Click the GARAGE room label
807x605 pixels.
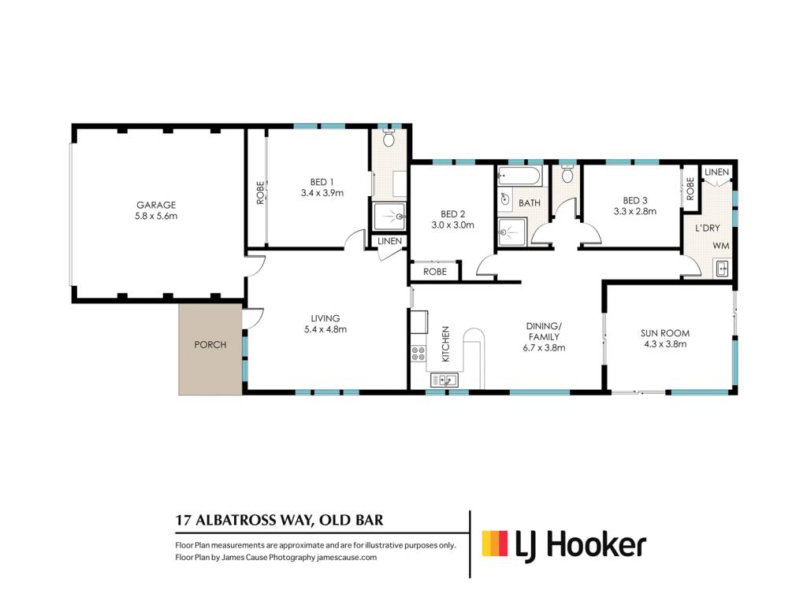tap(156, 205)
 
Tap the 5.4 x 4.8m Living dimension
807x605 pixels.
tap(325, 329)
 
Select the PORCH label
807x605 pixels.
tap(210, 345)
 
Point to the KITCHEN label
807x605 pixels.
tap(446, 343)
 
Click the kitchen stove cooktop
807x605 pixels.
tap(418, 353)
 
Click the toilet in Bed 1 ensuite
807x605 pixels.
tap(389, 137)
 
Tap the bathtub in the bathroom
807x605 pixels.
tap(519, 176)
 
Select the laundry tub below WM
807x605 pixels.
tap(723, 268)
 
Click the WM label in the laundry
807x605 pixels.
tap(721, 246)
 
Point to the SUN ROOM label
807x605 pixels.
tap(665, 333)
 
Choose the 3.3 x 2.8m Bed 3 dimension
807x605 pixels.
tap(635, 211)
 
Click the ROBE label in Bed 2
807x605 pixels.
tap(435, 272)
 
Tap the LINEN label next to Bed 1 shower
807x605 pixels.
tap(389, 241)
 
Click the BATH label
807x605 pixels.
tap(530, 203)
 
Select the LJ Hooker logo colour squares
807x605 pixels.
tap(495, 544)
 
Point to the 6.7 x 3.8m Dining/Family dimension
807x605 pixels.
tap(544, 347)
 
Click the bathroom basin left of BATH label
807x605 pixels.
tap(505, 199)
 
